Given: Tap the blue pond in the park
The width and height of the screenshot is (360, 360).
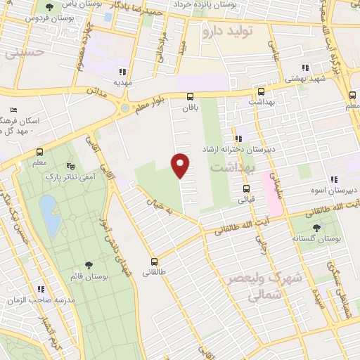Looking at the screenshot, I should coord(49,215).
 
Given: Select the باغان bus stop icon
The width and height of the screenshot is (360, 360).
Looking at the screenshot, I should coord(190,97).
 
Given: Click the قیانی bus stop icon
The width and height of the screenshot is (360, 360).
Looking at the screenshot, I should coord(246,188).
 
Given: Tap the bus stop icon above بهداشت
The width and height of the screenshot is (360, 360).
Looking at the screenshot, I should coord(261,92).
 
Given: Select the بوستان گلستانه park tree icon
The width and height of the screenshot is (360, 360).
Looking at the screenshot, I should coord(314,227).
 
